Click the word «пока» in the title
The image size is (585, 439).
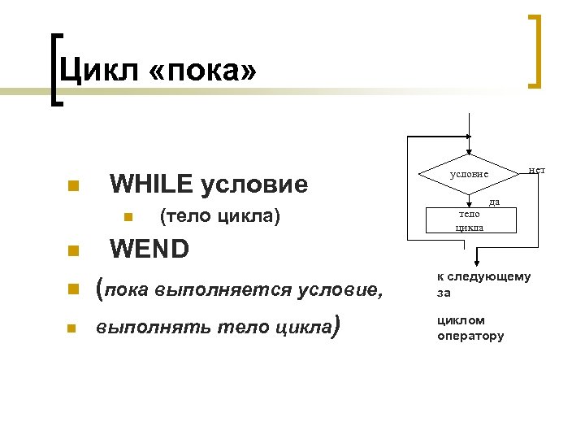coord(202,71)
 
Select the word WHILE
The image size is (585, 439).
coord(151,185)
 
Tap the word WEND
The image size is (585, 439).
coord(149,248)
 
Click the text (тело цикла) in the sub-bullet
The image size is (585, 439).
coord(221,216)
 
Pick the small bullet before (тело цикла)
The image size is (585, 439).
coord(127,217)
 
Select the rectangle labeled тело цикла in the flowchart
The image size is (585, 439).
coord(469,220)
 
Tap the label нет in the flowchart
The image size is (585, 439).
coord(536,169)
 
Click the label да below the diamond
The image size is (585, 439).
coord(493,200)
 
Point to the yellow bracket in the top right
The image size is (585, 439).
coord(535,50)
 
